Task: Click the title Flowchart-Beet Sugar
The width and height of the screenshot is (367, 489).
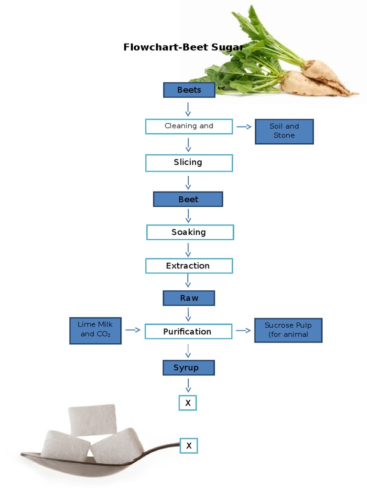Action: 183,47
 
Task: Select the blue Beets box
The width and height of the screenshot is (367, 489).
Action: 189,90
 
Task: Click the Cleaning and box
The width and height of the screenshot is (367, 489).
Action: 189,126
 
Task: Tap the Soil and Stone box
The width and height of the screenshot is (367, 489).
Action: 284,131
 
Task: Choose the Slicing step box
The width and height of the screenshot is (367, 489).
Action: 189,163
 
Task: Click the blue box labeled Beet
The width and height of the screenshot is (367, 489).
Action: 188,199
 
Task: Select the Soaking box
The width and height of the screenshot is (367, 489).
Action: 190,233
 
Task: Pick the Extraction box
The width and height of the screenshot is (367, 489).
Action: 189,266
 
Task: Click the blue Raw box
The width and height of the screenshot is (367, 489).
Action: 189,298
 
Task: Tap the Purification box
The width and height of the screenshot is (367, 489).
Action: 188,331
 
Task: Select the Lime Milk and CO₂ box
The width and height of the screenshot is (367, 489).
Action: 96,330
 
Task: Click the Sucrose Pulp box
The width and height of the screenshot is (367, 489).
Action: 288,330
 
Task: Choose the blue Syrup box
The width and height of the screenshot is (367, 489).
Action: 188,368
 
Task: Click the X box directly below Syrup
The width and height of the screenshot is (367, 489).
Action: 188,403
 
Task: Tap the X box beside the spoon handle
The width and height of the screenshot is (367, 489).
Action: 189,446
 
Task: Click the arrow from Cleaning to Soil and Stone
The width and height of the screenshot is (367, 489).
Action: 244,127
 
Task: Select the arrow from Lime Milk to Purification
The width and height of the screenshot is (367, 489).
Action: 133,330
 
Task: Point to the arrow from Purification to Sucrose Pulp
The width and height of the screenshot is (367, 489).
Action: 243,330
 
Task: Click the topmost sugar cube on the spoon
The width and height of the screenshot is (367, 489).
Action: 93,419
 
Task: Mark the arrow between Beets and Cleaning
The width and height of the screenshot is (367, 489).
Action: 188,108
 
